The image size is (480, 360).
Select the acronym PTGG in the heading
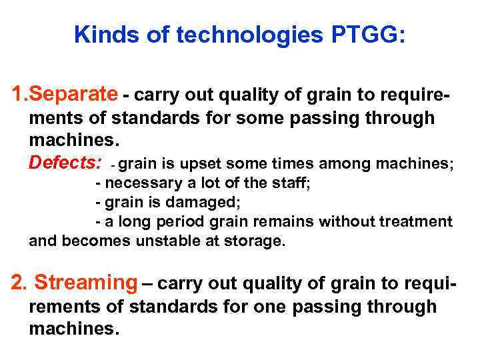click(x=364, y=35)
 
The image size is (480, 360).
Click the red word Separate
click(x=75, y=95)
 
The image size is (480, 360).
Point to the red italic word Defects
click(x=65, y=162)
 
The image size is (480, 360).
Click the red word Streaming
click(x=85, y=283)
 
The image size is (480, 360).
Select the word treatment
click(x=417, y=221)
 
